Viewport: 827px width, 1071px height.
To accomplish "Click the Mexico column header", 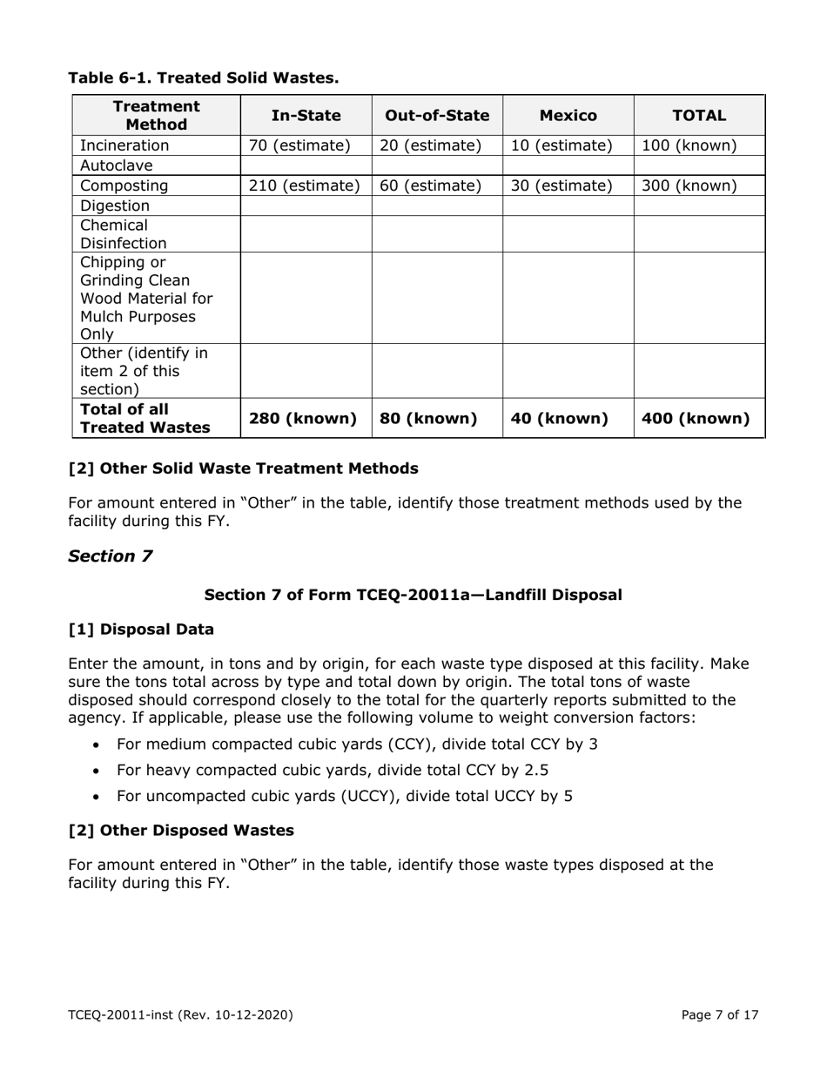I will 568,115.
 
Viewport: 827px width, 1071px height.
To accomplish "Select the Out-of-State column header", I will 437,115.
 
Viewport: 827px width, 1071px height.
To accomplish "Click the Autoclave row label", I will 116,165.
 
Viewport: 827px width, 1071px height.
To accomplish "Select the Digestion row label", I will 115,205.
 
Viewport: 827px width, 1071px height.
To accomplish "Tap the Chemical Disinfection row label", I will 123,234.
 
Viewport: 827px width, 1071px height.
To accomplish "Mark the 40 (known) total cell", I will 558,419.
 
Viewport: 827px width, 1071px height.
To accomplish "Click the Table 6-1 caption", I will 204,77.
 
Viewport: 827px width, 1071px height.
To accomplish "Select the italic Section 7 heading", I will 111,556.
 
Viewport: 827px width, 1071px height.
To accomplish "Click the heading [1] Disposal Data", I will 141,629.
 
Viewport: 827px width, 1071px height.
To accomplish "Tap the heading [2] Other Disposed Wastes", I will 181,830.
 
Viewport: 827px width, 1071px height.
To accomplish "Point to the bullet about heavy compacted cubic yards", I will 332,770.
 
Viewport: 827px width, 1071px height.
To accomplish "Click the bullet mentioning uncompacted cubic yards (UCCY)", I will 344,796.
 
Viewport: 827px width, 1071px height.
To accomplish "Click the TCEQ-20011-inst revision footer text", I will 180,1014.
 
